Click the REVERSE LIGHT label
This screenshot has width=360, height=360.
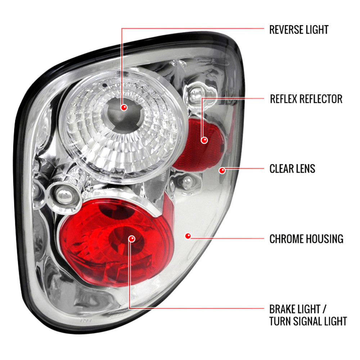point(299,30)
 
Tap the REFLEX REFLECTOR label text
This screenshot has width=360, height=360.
point(306,99)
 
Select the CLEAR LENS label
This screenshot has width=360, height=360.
point(292,169)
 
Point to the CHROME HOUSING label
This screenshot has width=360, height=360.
point(306,239)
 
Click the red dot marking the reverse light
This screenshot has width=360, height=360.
point(124,107)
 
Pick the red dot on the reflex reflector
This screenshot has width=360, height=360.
point(204,140)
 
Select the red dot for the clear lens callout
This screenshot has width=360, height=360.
point(222,171)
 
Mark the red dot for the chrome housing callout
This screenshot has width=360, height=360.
point(188,236)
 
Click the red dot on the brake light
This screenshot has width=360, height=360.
point(132,239)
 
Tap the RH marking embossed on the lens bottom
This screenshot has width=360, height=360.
point(86,320)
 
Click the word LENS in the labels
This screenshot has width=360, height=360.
point(305,169)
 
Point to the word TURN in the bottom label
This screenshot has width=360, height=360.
point(280,321)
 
